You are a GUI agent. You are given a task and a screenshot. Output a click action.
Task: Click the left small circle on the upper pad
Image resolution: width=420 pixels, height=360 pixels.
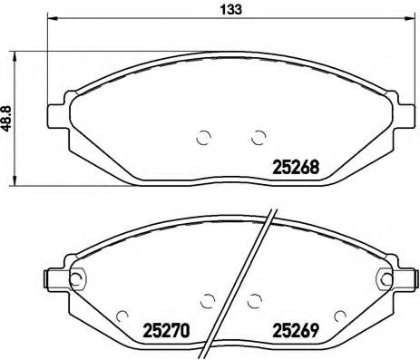pos(203,137)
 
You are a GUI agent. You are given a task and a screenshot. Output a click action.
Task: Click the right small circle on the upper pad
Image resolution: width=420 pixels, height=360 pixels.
pos(257,137)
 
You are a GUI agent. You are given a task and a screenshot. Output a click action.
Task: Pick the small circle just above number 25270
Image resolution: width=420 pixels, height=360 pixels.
pos(208,300)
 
